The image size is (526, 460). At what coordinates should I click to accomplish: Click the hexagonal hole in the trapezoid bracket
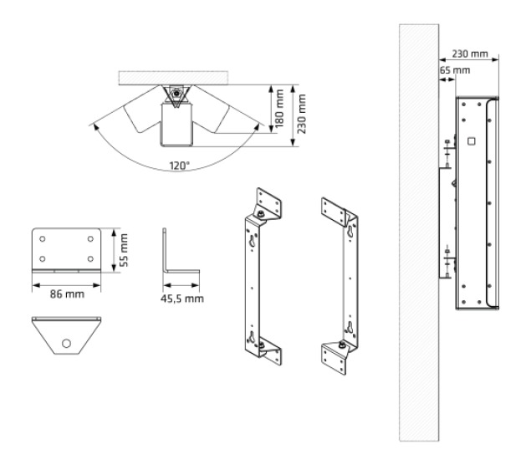[64, 341]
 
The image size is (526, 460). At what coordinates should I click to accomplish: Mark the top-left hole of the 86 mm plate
[43, 239]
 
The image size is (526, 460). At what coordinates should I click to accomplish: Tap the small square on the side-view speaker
[471, 141]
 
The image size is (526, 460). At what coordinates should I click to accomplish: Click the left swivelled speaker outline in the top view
[136, 116]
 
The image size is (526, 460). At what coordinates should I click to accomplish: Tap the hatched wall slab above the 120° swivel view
[176, 77]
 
